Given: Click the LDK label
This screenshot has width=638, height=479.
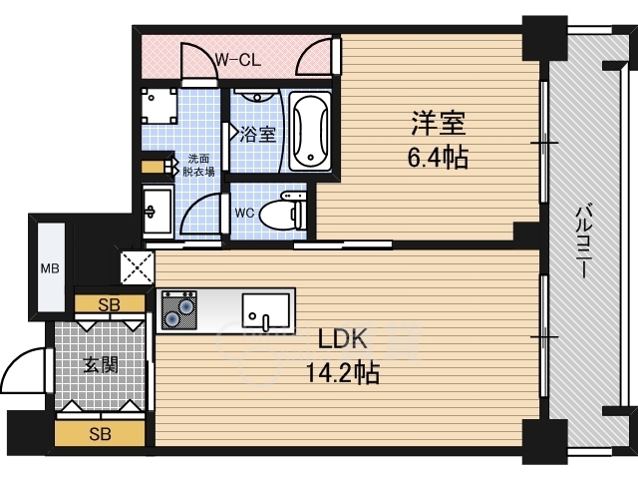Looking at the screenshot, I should point(341,339).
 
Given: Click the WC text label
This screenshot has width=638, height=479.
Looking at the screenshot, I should point(245,213).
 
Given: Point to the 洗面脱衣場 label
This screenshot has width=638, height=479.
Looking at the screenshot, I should point(198,165).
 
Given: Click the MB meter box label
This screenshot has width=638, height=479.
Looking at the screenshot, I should point(49,267).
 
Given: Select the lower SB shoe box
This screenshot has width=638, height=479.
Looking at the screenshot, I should point(99,433).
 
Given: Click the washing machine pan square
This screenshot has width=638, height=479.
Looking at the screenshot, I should point(159,106).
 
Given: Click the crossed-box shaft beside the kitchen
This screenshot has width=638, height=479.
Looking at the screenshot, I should point(136,266).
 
